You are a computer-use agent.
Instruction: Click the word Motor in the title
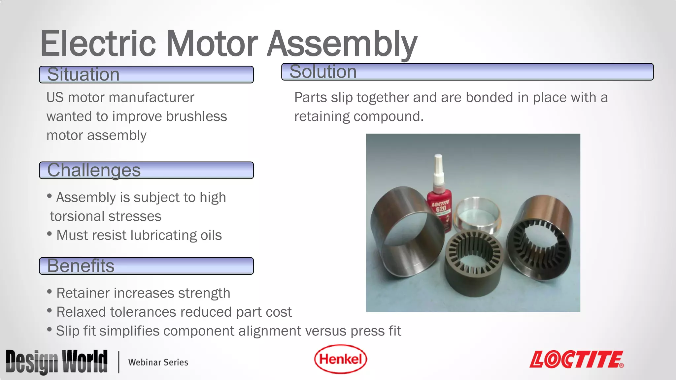point(212,44)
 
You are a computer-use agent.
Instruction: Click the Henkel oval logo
point(340,359)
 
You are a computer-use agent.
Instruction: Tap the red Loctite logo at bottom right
point(576,360)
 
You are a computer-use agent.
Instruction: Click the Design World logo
point(56,362)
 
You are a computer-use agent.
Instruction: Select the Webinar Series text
point(158,362)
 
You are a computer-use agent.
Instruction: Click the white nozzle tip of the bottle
point(438,162)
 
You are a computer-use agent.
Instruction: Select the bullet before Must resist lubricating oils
point(50,234)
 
